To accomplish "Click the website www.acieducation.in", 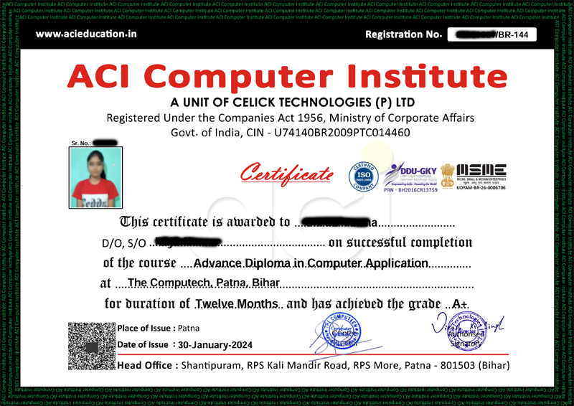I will [x=86, y=34].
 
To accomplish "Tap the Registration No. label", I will [x=403, y=34].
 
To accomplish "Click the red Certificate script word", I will [x=286, y=174].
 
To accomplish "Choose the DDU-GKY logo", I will [x=408, y=172].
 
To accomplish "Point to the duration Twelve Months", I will [x=236, y=303].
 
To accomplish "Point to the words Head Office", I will [x=146, y=365].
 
